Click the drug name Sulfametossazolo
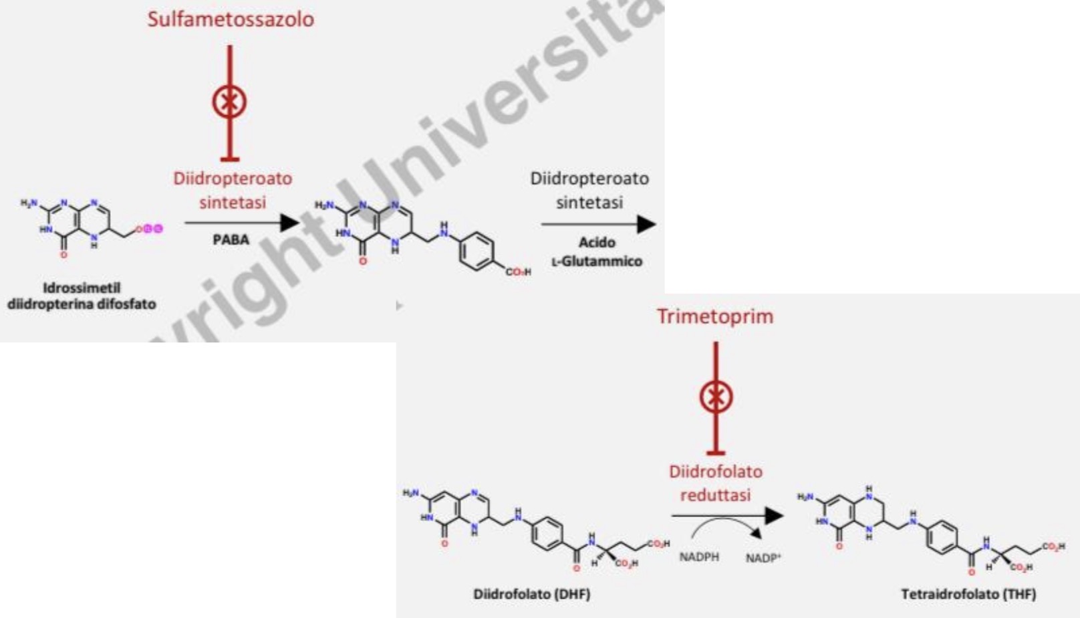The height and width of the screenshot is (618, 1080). [231, 19]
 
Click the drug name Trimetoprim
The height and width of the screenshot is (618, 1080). [714, 316]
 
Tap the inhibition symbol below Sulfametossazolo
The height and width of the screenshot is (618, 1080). [229, 102]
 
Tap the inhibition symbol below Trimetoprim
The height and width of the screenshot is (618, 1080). [716, 397]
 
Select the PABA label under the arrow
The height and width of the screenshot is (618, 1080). [231, 239]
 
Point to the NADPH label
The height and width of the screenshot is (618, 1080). [699, 556]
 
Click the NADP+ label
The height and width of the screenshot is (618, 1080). [763, 558]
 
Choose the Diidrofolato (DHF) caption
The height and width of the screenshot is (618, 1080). [531, 594]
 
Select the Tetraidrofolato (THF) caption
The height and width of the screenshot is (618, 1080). [968, 594]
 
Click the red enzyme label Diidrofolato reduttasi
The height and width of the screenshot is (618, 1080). [715, 483]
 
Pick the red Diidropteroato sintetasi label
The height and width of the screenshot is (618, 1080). [233, 190]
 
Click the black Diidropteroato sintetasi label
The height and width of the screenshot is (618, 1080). [589, 190]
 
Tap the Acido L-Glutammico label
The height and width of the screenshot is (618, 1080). [596, 251]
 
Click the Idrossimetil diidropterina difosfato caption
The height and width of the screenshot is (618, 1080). [82, 296]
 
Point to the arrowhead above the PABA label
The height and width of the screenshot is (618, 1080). [289, 223]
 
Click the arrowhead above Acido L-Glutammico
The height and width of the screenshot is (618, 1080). [646, 224]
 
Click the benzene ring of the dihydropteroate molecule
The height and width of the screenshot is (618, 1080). [477, 251]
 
